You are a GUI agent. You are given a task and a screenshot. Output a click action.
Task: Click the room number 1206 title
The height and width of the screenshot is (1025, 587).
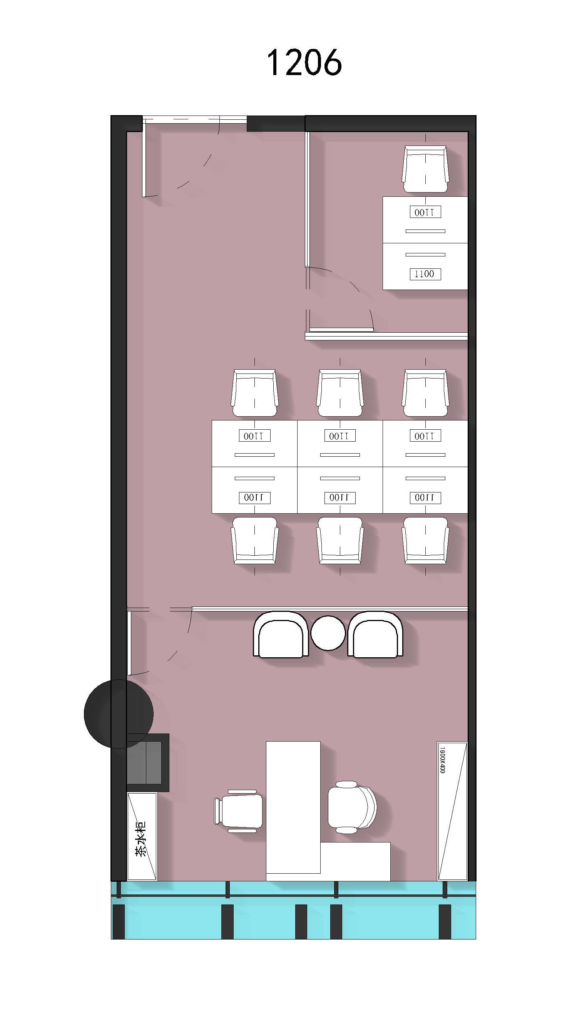coord(304,62)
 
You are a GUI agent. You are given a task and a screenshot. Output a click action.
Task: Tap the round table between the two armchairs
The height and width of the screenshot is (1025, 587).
coord(328,633)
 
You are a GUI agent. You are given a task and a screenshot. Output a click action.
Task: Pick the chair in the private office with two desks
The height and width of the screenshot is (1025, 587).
coord(425,169)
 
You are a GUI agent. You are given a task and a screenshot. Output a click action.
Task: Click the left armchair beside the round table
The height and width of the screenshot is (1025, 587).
coord(281,634)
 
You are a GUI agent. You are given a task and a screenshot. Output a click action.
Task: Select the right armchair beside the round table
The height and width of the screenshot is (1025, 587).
coord(375,634)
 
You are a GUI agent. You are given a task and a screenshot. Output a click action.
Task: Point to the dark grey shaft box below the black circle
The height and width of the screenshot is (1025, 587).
coord(147,762)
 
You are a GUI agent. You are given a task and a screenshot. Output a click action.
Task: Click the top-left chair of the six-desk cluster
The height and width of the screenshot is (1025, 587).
coord(254,393)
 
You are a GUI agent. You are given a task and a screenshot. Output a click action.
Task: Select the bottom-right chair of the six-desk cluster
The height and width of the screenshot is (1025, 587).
coord(425,540)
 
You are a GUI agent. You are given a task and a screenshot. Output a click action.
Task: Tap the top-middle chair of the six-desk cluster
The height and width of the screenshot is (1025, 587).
coord(340,393)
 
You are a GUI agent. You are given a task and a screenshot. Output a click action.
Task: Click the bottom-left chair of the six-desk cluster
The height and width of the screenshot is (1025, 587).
coord(254,540)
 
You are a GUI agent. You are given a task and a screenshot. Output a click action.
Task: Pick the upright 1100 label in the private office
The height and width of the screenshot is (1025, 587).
coord(425,274)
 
